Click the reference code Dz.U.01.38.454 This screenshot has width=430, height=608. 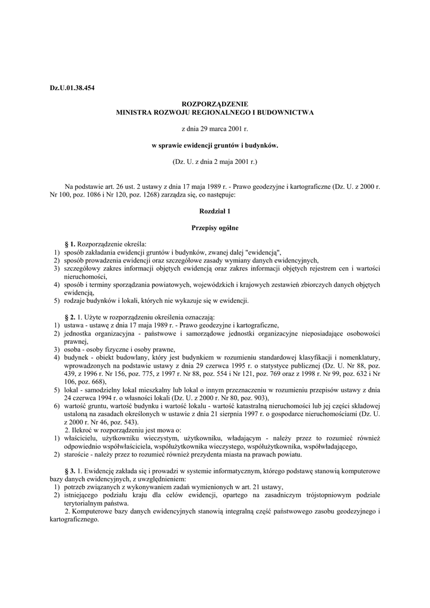[x=72, y=88]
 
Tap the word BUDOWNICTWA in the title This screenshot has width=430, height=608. [x=286, y=112]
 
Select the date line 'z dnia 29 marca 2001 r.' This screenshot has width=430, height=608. [x=214, y=128]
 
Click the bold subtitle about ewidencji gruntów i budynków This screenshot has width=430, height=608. [x=214, y=144]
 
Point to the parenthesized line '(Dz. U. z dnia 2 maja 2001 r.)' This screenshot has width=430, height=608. [x=214, y=161]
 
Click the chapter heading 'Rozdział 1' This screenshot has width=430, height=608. [x=214, y=211]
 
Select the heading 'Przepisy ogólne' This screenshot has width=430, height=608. [x=214, y=227]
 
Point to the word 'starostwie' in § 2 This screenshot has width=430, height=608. [x=78, y=455]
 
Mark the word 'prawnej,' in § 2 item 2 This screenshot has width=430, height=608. [x=76, y=342]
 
